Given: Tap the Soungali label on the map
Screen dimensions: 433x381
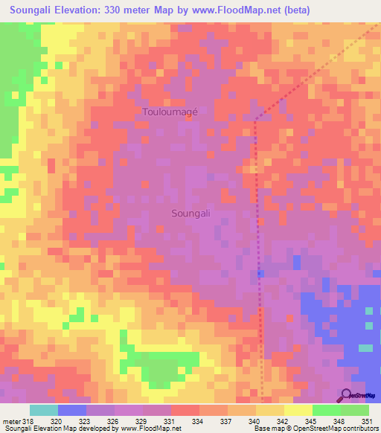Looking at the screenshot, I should (x=191, y=213).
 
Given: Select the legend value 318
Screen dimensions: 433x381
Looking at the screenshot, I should (x=28, y=422).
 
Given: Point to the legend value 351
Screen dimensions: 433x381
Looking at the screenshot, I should (x=367, y=422).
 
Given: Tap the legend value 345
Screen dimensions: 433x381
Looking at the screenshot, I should (x=311, y=422).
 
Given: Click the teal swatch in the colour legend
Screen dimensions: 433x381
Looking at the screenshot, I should (x=44, y=410).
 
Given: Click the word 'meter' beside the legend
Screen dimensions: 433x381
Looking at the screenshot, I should (x=10, y=422).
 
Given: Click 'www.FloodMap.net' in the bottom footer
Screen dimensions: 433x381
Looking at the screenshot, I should (x=150, y=429).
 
